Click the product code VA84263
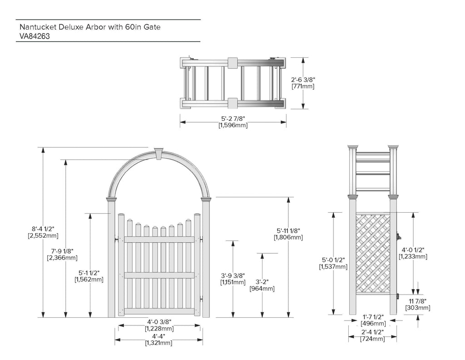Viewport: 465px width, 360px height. coord(35,36)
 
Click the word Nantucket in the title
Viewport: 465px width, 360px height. coord(38,27)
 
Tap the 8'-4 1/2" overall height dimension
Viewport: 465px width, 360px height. coord(43,229)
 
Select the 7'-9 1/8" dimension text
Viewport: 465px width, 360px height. coord(62,251)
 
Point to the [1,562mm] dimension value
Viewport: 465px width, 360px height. coord(89,279)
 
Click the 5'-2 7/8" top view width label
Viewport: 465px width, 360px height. coord(233,119)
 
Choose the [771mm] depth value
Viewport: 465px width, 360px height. coord(303,86)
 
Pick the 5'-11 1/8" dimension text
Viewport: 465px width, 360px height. coord(288,230)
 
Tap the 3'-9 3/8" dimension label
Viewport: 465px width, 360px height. coord(233,276)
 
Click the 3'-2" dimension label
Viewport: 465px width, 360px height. coord(262,282)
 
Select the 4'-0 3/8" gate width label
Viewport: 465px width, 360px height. coord(159,322)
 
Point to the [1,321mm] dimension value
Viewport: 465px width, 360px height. coord(158,343)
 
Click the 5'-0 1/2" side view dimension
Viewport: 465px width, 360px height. coord(333,260)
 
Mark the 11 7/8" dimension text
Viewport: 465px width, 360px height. coord(418,301)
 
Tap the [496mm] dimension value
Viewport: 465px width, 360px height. coord(373,324)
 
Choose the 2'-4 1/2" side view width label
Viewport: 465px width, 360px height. coord(372,332)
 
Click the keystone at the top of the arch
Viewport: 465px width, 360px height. coord(159,154)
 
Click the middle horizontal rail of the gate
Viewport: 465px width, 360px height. coord(159,275)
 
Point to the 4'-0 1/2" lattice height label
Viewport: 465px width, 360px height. coord(413,250)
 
